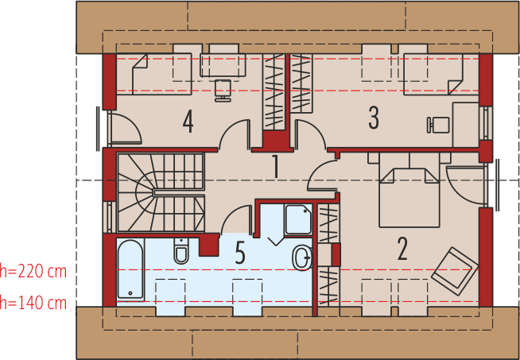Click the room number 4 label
(x=188, y=122)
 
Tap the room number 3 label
(x=374, y=118)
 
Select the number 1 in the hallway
(x=275, y=167)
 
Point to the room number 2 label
(x=402, y=249)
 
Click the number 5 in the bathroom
(x=240, y=254)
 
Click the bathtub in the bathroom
(x=130, y=270)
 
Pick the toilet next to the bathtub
(x=181, y=252)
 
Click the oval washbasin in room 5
(x=302, y=257)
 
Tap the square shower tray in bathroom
(x=298, y=219)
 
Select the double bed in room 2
(x=409, y=195)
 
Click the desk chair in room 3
(x=438, y=124)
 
